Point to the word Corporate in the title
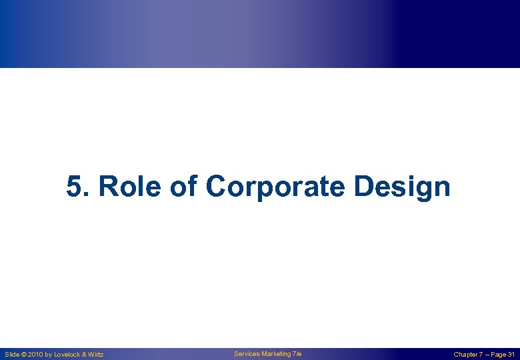275,187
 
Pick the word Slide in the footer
13,355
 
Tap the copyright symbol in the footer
26,355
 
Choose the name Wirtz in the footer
97,355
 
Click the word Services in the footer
246,354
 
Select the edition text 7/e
297,354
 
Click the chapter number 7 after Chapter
481,355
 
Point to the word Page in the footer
498,355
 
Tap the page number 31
511,355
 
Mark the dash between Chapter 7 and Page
487,355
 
